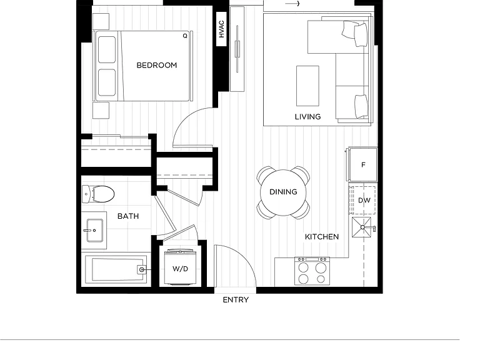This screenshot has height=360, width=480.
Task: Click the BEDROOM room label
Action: point(156,65)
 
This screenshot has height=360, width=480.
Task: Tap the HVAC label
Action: point(221,29)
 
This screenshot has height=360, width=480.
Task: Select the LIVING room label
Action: point(307,117)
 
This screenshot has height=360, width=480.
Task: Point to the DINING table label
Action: point(283,192)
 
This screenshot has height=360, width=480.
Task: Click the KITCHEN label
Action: point(322,237)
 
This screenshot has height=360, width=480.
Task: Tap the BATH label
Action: point(128,216)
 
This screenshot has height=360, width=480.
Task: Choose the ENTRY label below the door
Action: point(236,300)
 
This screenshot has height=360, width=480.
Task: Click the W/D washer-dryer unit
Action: point(180,267)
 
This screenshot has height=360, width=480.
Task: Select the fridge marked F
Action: point(362,164)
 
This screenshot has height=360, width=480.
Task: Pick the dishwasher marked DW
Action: point(362,200)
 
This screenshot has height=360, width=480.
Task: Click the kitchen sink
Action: point(361,227)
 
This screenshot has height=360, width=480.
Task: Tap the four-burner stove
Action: point(312,271)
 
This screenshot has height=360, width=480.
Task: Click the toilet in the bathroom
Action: point(98,194)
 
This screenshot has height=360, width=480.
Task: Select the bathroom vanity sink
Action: point(94,230)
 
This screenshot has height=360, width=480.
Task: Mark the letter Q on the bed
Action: point(185,36)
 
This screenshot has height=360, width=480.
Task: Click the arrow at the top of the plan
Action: point(292,4)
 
